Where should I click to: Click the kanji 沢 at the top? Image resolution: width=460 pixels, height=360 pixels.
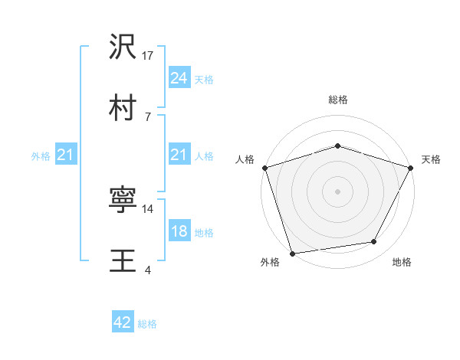tap(123, 48)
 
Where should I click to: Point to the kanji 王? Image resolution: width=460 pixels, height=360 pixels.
tap(123, 259)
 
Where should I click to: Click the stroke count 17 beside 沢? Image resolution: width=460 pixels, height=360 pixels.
tap(149, 56)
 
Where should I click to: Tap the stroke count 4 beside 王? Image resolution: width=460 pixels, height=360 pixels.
tap(147, 269)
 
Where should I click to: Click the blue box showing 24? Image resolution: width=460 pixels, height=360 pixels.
tap(179, 77)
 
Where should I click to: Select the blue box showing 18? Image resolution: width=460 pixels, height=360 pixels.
tap(179, 231)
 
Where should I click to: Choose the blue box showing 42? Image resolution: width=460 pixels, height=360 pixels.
tap(123, 322)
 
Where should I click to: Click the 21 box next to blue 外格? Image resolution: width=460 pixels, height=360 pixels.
tap(66, 155)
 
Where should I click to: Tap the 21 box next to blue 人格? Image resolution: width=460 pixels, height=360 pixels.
tap(179, 155)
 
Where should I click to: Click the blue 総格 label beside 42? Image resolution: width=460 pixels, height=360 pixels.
tap(147, 324)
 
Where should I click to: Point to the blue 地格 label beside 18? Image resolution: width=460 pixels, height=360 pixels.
tap(204, 232)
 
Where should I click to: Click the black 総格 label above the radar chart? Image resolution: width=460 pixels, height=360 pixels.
tap(337, 100)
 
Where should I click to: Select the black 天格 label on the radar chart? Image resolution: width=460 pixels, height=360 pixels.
tap(431, 159)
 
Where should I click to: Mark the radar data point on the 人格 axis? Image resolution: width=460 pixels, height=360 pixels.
tap(264, 167)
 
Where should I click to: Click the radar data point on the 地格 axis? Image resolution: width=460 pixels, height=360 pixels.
tap(374, 242)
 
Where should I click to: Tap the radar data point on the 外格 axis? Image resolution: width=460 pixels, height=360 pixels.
tap(292, 253)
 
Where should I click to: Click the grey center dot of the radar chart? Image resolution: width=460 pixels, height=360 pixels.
tap(337, 191)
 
